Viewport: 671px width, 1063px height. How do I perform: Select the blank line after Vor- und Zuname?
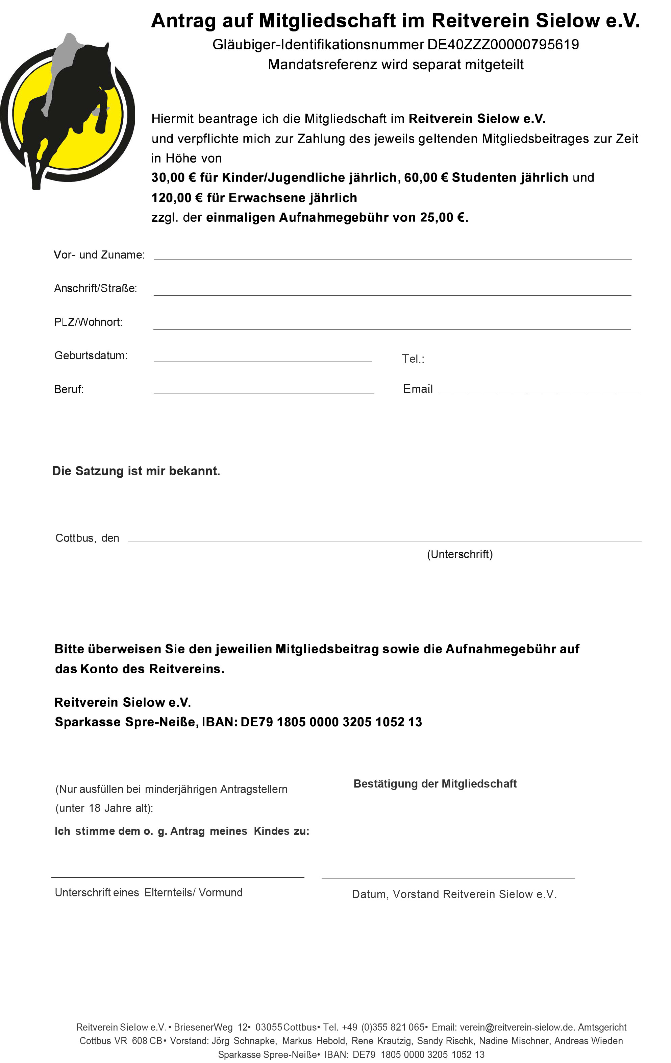point(392,258)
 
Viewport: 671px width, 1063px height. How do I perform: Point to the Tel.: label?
point(413,359)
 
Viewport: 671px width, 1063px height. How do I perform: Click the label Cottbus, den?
point(87,538)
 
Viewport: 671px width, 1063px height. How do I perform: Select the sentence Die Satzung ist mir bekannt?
point(136,471)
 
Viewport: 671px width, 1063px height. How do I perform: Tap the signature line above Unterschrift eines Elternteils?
point(177,877)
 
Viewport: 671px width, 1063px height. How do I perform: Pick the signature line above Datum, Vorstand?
point(447,877)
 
